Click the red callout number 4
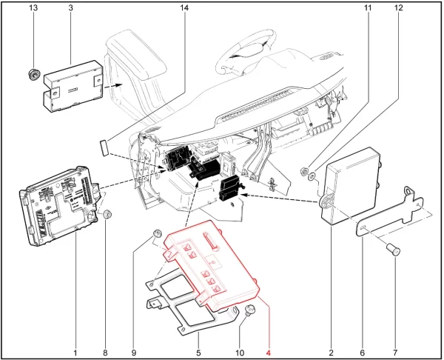[268, 353]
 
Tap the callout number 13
[33, 7]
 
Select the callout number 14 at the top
[184, 7]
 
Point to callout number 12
[398, 7]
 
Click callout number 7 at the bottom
[395, 353]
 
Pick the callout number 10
[240, 353]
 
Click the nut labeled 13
[34, 76]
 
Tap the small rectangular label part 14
[104, 147]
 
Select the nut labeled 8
[107, 214]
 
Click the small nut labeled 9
[157, 233]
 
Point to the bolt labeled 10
[249, 310]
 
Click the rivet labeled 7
[394, 251]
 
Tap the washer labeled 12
[312, 176]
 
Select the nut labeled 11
[304, 171]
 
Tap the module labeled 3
[73, 87]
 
